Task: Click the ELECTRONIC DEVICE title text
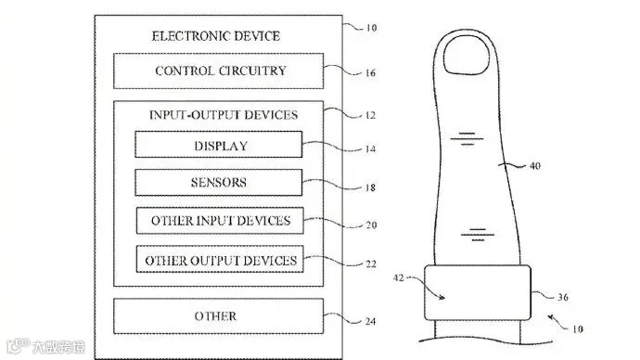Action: [x=216, y=36]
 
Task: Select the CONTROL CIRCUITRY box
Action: [x=218, y=71]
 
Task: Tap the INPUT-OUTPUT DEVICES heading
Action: [x=224, y=115]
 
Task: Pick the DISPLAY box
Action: [x=219, y=145]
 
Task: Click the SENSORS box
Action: [x=219, y=183]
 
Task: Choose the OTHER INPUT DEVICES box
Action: [x=220, y=221]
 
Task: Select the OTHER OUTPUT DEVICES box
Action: [x=220, y=259]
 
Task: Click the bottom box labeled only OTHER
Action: [x=218, y=315]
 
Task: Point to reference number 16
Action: [x=370, y=73]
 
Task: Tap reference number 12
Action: [x=370, y=115]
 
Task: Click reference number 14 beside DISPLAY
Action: [x=370, y=149]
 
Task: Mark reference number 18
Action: [x=370, y=187]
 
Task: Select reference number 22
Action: [x=371, y=264]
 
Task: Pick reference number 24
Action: [x=370, y=322]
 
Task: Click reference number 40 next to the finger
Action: [x=534, y=166]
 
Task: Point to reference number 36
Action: [x=563, y=297]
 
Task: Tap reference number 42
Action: [x=398, y=278]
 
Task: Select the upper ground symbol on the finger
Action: [x=467, y=139]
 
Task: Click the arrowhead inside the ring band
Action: [x=442, y=298]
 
